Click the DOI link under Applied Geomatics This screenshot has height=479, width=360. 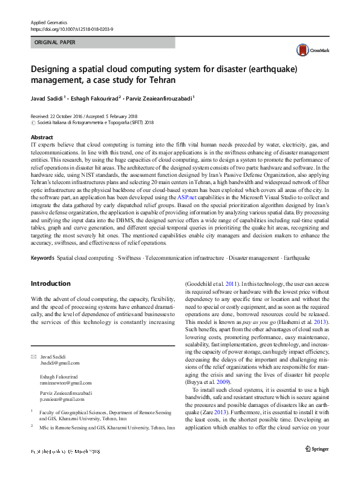coord(72,29)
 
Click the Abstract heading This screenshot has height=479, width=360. coord(42,138)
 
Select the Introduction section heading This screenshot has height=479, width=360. coord(51,283)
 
